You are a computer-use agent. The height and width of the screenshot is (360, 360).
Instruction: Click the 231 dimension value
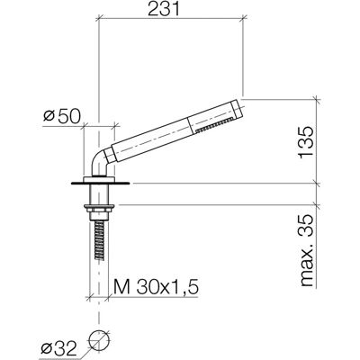[x=164, y=9]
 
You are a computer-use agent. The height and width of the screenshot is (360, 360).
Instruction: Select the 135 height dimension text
[x=306, y=142]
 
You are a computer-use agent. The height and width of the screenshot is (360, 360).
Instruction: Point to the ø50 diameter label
[x=62, y=116]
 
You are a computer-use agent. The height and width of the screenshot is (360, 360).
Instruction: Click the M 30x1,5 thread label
[x=156, y=287]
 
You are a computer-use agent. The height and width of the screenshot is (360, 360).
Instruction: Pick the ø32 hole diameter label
[x=59, y=348]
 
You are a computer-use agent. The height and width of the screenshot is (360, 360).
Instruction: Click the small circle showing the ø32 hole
[x=99, y=339]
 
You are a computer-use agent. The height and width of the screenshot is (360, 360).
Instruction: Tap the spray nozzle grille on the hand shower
[x=214, y=125]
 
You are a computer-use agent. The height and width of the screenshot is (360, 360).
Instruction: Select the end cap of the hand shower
[x=237, y=107]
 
